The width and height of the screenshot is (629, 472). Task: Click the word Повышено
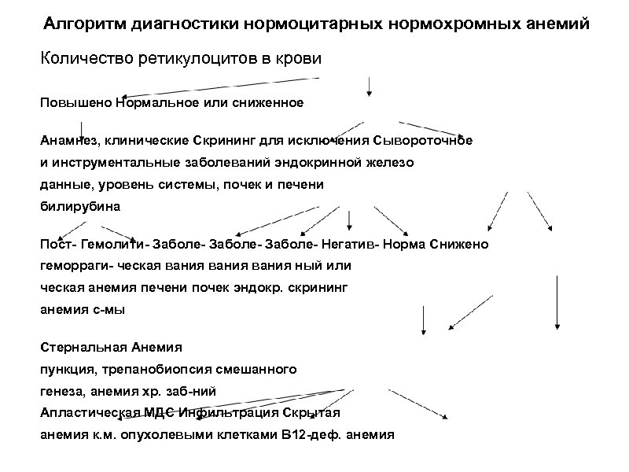coord(75,102)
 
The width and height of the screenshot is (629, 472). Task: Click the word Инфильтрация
coord(222,411)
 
